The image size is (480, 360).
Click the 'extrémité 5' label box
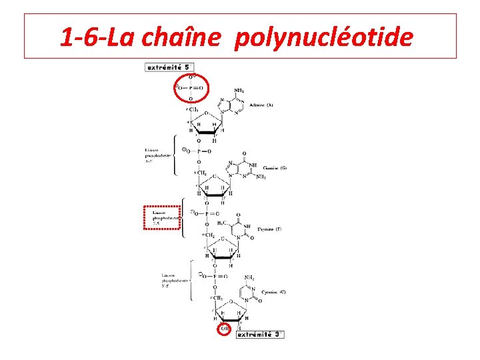pyautogui.click(x=170, y=67)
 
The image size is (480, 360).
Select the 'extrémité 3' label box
pyautogui.click(x=261, y=334)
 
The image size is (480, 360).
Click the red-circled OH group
pyautogui.click(x=224, y=329)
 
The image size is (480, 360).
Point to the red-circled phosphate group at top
pyautogui.click(x=191, y=87)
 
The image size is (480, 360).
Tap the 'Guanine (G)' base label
pyautogui.click(x=274, y=168)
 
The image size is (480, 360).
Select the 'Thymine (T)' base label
pyautogui.click(x=269, y=229)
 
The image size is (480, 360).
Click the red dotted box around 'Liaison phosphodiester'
pyautogui.click(x=163, y=217)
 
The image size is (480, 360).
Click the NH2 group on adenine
pyautogui.click(x=239, y=91)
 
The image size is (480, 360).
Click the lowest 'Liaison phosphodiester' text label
pyautogui.click(x=175, y=280)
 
